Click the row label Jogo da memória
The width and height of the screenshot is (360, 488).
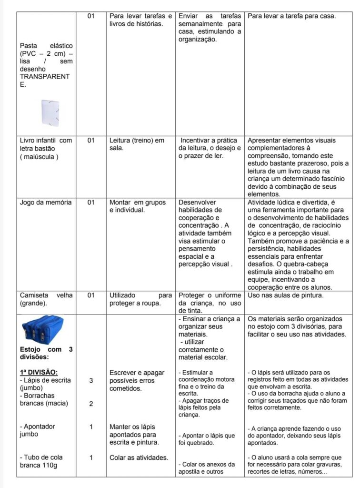[x=46, y=202]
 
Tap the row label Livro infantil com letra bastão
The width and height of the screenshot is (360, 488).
[x=46, y=144]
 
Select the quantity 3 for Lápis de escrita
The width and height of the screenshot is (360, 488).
[x=91, y=380]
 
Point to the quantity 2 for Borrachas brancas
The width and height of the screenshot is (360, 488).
[x=91, y=404]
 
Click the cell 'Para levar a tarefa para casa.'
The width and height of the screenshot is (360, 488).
[x=292, y=16]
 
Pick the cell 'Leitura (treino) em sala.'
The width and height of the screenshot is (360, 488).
[x=137, y=144]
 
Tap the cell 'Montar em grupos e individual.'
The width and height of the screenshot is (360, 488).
[x=138, y=206]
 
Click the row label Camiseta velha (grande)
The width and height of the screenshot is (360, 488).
[x=46, y=299]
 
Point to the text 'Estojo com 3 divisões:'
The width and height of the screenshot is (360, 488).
[x=46, y=353]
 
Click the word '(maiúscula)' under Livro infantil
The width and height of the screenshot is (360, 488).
[x=39, y=157]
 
